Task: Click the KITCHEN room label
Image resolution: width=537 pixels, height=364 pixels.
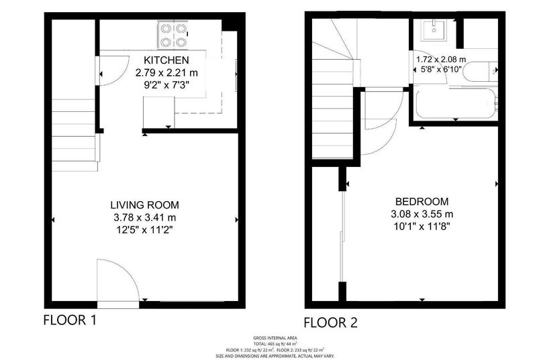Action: point(166,60)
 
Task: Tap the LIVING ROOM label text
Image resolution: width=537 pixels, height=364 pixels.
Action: point(144,205)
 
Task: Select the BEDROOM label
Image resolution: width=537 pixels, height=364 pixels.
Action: point(422,201)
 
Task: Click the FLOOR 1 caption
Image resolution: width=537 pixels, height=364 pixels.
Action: point(70,320)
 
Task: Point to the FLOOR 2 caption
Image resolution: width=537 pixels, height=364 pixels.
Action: point(330,322)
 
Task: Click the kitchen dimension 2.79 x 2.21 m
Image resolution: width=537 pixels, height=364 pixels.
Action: point(166,73)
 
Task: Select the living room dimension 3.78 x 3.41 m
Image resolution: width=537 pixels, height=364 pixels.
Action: point(145,218)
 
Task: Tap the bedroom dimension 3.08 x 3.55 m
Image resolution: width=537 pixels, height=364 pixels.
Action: point(422,214)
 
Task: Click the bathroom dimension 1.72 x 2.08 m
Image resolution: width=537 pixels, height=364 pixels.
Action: point(441,60)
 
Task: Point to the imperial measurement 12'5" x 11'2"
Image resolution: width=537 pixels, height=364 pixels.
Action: point(144,230)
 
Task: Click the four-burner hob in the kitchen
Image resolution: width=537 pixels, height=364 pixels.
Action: point(173,35)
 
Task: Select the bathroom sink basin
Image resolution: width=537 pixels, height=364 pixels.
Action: point(434,30)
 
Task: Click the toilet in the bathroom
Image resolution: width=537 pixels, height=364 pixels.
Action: point(479,72)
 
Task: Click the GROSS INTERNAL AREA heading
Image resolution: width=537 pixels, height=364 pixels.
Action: point(275,338)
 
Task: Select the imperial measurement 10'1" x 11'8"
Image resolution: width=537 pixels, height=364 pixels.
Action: point(422,227)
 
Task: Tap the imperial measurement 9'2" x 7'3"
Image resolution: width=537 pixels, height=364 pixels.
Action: point(166,85)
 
